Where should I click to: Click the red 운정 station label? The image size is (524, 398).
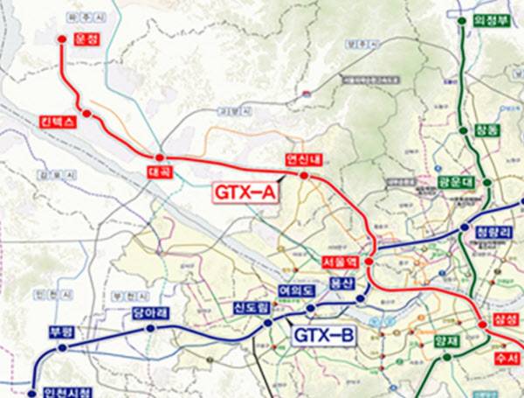[84, 39]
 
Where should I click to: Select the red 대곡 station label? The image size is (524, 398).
[159, 173]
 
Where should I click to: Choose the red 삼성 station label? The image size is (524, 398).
[505, 320]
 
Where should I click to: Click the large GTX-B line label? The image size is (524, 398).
[323, 335]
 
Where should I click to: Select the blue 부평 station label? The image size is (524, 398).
[59, 332]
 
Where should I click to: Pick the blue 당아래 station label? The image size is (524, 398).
[149, 312]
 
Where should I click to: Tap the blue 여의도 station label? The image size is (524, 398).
[296, 290]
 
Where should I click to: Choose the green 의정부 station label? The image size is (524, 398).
[491, 18]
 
